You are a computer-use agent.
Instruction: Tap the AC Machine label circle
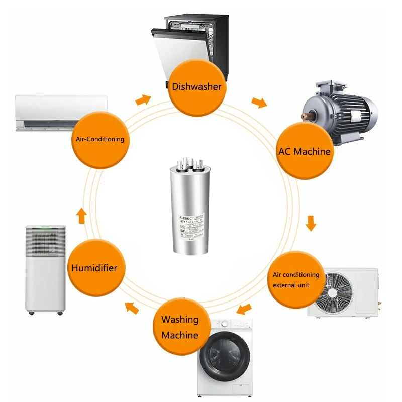tap(305, 151)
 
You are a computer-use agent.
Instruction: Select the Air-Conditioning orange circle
tap(99, 139)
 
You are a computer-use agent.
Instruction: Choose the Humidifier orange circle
tap(94, 268)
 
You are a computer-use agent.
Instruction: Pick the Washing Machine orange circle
tap(180, 327)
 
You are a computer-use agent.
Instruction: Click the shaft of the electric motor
tap(306, 116)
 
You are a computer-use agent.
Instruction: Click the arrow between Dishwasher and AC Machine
tap(259, 103)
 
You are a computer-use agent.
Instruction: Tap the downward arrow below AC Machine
tap(311, 223)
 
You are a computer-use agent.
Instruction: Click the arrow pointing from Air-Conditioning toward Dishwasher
tap(143, 99)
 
